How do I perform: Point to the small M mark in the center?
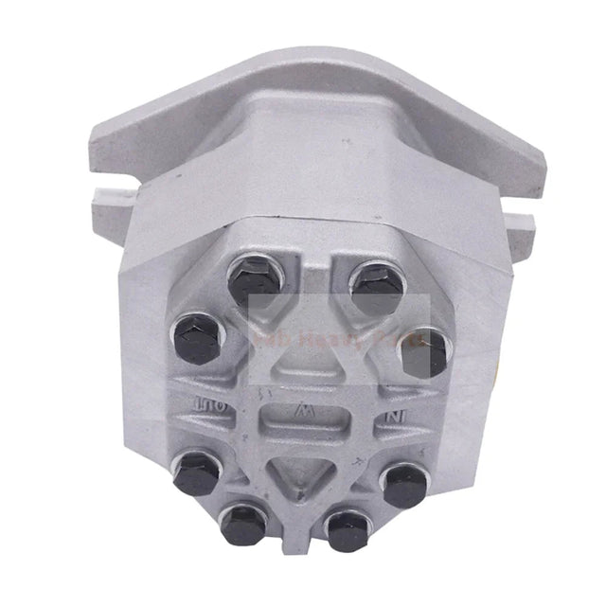click(302, 413)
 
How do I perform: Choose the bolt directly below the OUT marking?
click(197, 470)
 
